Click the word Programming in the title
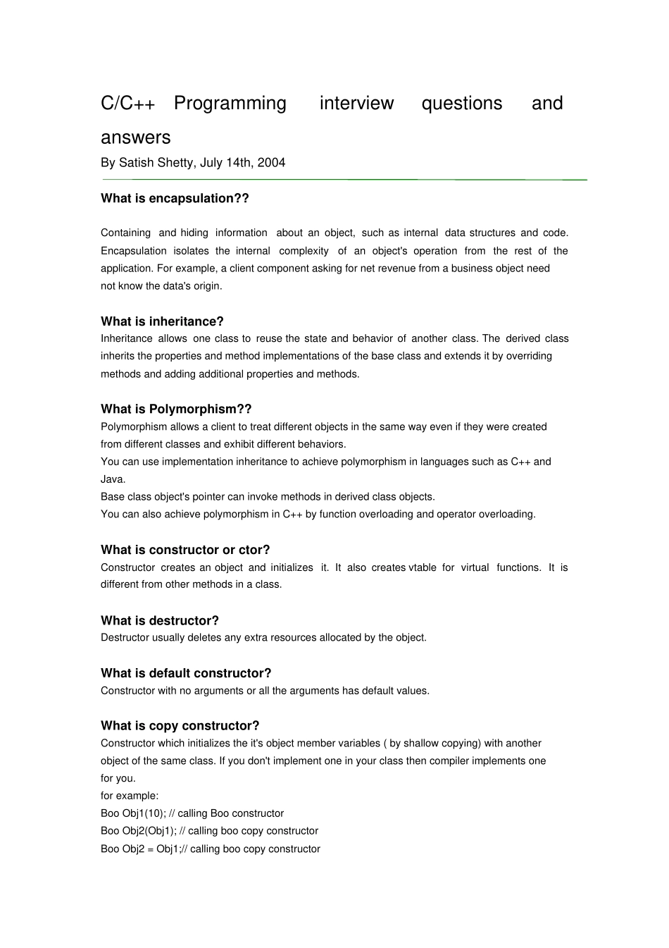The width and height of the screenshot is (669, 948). (x=230, y=104)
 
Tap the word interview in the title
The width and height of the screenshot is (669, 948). (x=356, y=104)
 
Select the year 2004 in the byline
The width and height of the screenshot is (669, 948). (x=271, y=163)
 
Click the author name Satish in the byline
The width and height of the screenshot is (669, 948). (x=137, y=163)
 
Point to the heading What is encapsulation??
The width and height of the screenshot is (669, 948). (x=175, y=199)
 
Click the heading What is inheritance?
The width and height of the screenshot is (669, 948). (x=162, y=321)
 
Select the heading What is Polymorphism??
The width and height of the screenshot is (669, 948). (x=176, y=410)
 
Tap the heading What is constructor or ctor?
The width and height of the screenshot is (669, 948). (x=185, y=550)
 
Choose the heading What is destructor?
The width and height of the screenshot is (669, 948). (x=160, y=621)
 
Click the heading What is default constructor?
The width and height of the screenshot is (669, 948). (x=186, y=673)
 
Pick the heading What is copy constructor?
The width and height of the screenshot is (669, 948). (x=180, y=726)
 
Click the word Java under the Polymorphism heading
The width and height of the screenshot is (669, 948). (x=112, y=479)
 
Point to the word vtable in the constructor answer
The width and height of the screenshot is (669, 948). (x=423, y=567)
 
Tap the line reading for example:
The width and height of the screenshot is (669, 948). (x=130, y=796)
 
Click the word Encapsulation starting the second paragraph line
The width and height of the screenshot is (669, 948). (x=134, y=251)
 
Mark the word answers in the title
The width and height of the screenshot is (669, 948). (x=136, y=137)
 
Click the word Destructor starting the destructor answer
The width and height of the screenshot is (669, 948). (x=125, y=638)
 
